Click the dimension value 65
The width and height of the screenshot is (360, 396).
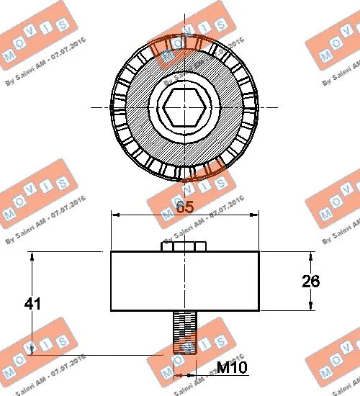click(185, 206)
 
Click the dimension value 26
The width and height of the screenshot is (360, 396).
click(311, 282)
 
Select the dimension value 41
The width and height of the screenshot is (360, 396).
click(32, 304)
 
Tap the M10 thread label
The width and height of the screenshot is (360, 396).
click(233, 369)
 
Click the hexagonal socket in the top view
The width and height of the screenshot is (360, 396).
click(184, 109)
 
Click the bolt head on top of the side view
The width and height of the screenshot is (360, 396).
click(184, 246)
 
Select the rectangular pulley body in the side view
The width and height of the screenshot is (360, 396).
click(184, 281)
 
